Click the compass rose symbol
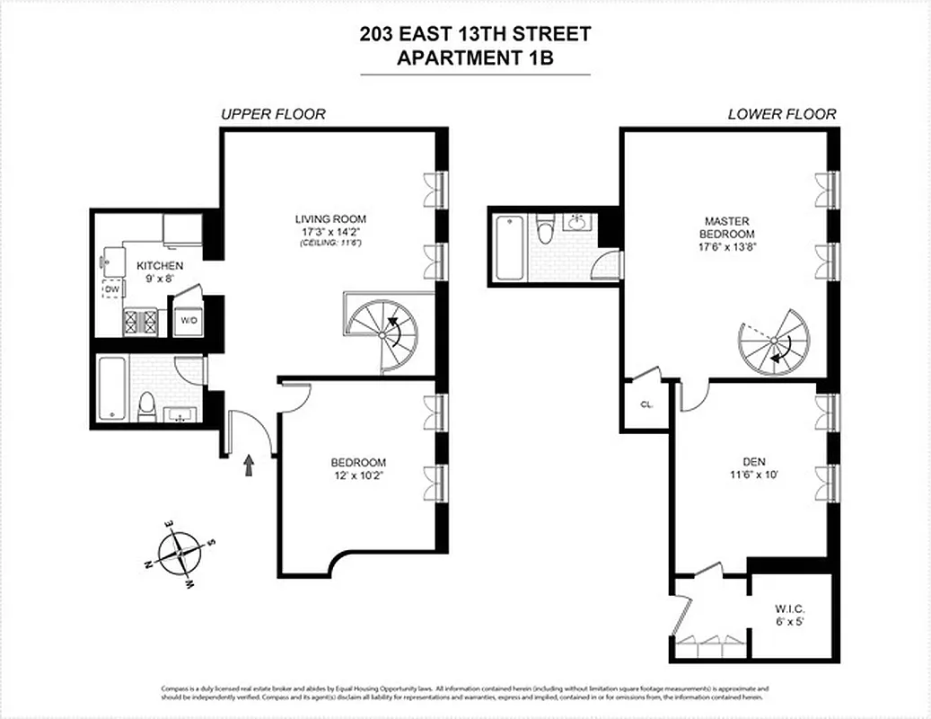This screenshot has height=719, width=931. click(x=180, y=555)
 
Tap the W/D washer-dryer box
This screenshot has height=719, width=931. click(x=189, y=321)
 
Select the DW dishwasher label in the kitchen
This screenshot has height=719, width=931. click(x=112, y=289)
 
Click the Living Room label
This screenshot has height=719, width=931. click(x=330, y=219)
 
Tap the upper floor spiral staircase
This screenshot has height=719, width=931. click(x=383, y=333)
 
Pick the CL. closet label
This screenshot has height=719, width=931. click(x=646, y=404)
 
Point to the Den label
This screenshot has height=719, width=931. click(x=753, y=462)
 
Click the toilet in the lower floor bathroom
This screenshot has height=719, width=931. click(x=544, y=233)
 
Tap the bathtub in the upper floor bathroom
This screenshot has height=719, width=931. click(x=112, y=389)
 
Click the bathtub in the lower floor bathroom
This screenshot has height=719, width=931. click(x=508, y=246)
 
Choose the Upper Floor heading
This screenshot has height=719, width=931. click(x=273, y=114)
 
